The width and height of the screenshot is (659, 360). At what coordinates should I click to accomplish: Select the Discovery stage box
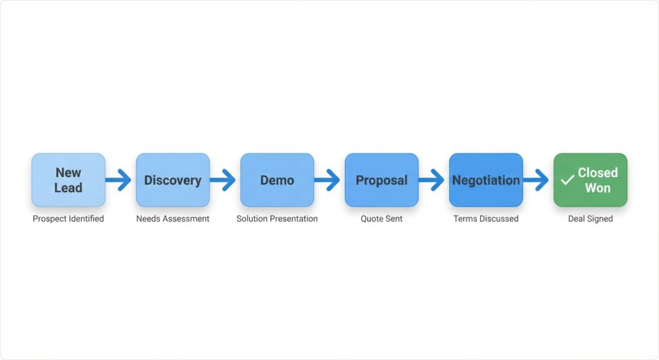coord(172,180)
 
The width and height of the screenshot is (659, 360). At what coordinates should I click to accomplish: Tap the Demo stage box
coord(277,180)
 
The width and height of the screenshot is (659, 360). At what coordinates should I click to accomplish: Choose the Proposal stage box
coord(382,180)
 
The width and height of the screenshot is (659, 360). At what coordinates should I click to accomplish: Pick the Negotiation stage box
coord(486,180)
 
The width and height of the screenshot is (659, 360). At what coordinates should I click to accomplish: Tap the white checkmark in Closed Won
coord(567,181)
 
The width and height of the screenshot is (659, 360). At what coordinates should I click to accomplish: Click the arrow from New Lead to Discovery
coord(118,180)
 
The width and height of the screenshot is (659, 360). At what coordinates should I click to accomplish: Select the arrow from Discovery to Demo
coord(223,180)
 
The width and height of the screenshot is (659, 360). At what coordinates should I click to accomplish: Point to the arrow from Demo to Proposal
coord(327,180)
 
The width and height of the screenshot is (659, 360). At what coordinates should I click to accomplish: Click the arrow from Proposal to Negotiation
coord(431,180)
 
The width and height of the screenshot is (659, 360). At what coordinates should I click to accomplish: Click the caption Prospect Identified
coord(68,219)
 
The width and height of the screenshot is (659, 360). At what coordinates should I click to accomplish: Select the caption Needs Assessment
coord(172,219)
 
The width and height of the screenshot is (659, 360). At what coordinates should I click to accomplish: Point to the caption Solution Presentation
coord(277,219)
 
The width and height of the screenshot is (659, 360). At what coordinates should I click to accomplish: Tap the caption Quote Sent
coord(382,219)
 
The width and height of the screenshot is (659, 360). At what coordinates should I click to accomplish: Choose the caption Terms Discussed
coord(486,219)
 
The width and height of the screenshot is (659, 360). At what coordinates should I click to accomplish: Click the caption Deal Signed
coord(590,219)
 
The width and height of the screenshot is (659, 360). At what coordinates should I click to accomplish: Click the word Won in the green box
coord(598,188)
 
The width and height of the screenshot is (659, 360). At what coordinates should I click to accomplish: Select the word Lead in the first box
coord(68,188)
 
